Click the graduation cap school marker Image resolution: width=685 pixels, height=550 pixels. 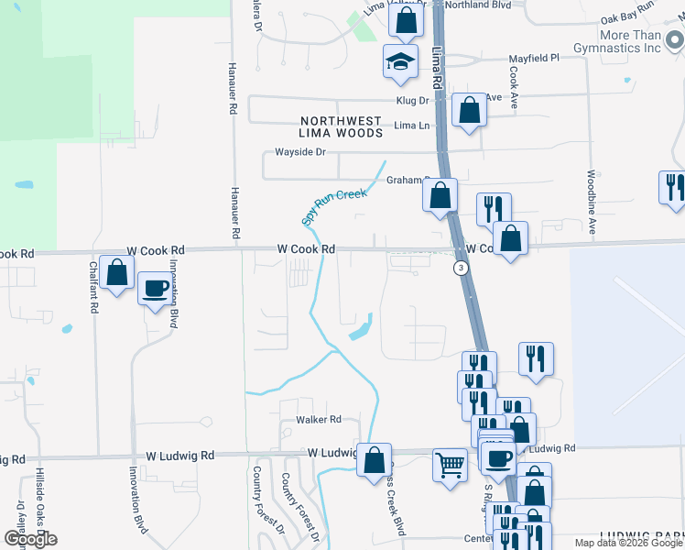click(x=400, y=61)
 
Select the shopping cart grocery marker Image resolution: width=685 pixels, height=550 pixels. click(x=450, y=463)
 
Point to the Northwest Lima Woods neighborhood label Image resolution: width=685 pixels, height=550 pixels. click(x=342, y=127)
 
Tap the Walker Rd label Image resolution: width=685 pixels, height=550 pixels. click(x=318, y=420)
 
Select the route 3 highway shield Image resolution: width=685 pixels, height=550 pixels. click(x=461, y=268)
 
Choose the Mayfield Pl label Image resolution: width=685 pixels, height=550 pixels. click(x=534, y=58)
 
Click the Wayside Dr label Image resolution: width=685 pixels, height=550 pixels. click(x=300, y=152)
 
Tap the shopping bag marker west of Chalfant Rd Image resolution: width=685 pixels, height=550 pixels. click(x=116, y=273)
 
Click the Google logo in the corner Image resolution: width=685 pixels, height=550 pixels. click(x=30, y=538)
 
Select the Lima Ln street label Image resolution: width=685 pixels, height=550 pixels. click(x=411, y=126)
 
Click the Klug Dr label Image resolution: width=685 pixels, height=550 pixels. click(x=412, y=100)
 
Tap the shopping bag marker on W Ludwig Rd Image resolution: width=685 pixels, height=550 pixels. click(x=374, y=460)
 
